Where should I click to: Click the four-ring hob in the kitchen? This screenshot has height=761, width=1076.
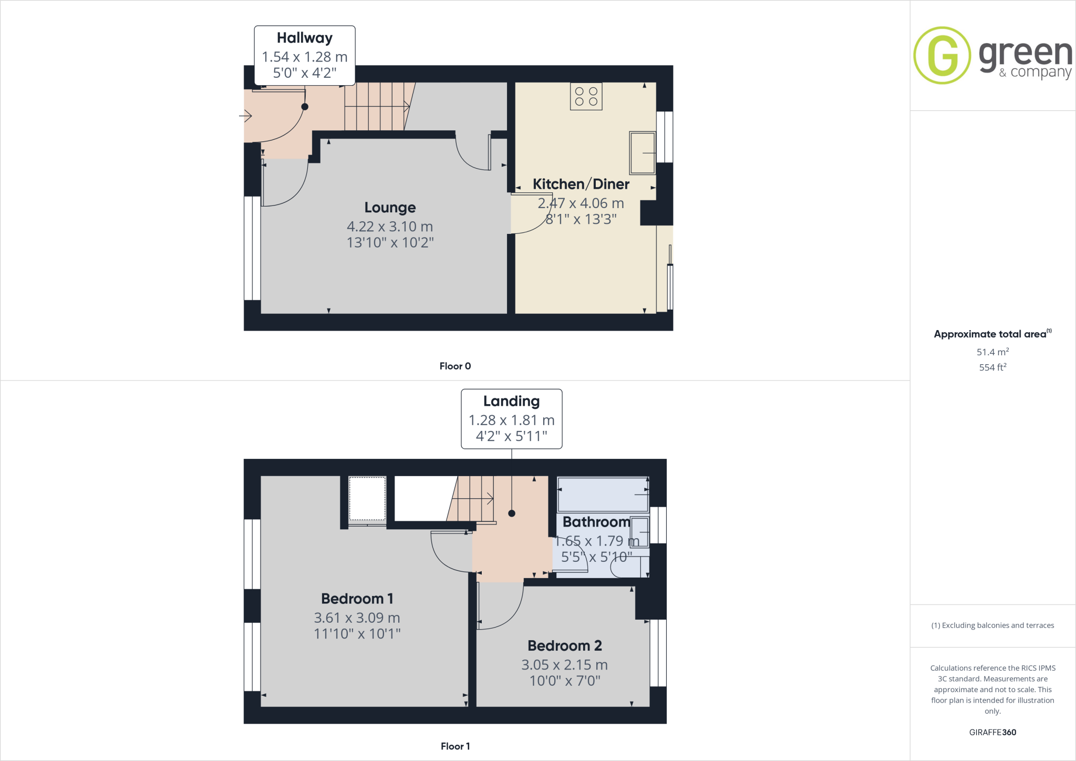point(586,97)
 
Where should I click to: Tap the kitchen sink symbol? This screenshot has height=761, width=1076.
point(642,153)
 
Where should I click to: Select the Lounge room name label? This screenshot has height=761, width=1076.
point(390,208)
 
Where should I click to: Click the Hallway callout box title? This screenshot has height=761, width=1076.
point(305,38)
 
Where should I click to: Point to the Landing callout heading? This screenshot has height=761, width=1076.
point(511,401)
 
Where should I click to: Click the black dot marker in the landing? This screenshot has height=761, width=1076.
point(512,513)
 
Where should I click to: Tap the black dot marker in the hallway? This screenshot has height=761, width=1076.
point(305,107)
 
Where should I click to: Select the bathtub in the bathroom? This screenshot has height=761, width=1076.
point(603,494)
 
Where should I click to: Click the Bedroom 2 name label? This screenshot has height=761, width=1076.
point(565,645)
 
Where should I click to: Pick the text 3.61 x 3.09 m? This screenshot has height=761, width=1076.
point(357,618)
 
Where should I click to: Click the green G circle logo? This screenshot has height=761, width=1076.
point(942,55)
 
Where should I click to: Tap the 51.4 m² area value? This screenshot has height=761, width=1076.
point(992,352)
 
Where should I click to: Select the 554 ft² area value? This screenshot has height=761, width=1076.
point(992,367)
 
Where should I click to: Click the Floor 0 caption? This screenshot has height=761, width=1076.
point(455,366)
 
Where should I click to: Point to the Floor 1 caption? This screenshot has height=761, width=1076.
point(455,746)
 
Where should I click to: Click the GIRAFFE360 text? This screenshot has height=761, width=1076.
point(992,732)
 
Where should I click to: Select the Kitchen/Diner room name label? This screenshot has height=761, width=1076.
point(581,184)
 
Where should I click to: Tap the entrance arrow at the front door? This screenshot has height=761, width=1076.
point(246,116)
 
